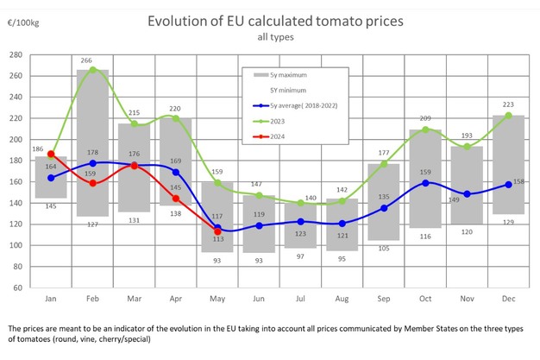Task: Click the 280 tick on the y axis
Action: click(15, 54)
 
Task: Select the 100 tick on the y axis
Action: click(15, 245)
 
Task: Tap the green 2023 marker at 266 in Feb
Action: click(92, 70)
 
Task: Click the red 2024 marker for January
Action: click(52, 155)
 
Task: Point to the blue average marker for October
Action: click(426, 183)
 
